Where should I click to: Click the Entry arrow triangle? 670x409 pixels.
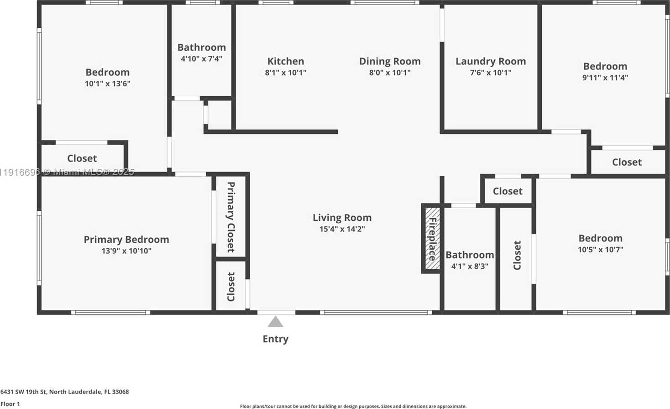(x=275, y=322)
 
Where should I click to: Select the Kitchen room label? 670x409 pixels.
(x=286, y=61)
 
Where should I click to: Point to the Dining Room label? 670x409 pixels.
(x=390, y=61)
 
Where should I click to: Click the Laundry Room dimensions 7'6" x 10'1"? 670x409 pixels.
(x=491, y=73)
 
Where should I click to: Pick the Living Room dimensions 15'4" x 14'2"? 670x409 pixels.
(x=342, y=229)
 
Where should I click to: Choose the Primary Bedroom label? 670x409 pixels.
(x=126, y=239)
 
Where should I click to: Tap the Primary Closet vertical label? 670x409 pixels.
(x=231, y=217)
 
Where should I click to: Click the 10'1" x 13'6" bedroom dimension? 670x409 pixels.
(x=108, y=84)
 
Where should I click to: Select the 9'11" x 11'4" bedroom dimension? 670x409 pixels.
(x=605, y=78)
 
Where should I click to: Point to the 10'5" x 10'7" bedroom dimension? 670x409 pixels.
(x=600, y=250)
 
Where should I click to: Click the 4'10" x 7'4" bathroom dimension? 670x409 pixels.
(x=202, y=58)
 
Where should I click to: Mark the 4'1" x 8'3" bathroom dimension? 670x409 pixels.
(x=470, y=266)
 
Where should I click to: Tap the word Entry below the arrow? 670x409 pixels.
(x=275, y=339)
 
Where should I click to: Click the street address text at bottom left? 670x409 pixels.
(x=64, y=392)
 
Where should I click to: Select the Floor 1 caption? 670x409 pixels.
(x=10, y=404)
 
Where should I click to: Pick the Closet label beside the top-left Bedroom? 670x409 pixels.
(x=82, y=158)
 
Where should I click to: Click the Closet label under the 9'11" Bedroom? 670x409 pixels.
(x=627, y=162)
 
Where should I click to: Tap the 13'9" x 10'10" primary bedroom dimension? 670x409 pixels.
(x=126, y=251)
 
